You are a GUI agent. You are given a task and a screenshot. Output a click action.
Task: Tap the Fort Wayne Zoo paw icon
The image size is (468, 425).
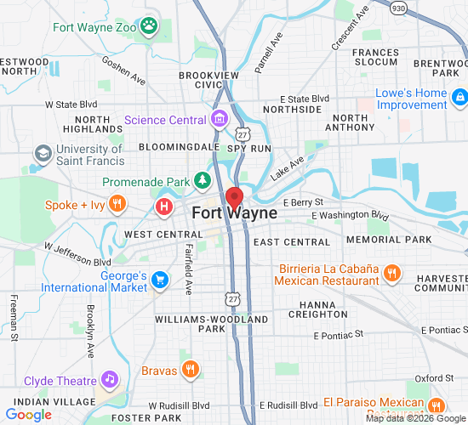[x=150, y=26]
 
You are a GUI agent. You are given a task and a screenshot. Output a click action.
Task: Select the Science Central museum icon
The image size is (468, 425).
[x=220, y=119]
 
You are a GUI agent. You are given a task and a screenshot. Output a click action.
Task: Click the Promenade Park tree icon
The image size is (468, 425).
[x=202, y=181]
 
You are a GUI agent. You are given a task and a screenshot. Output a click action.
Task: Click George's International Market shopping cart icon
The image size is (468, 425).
[x=160, y=280]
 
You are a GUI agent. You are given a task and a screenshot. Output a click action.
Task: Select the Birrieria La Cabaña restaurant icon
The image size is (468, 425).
[x=391, y=273]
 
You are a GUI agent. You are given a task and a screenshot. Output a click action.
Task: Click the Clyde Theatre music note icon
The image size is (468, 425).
[x=109, y=379]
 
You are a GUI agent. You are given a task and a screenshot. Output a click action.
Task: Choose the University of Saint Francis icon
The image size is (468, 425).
[x=43, y=155]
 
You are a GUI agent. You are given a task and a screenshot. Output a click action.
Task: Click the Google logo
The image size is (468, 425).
[x=29, y=415]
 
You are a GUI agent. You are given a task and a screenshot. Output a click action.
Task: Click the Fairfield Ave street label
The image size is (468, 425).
[x=187, y=270]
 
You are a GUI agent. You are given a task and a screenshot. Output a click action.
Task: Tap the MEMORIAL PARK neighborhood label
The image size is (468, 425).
[x=408, y=240]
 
